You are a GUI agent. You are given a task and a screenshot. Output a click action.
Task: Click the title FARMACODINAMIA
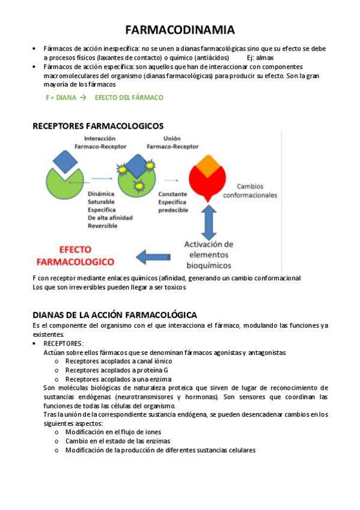point(180,30)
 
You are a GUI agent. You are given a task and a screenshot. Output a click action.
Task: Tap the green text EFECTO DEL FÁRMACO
point(129,97)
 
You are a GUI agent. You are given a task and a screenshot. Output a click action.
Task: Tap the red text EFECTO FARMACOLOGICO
point(75,255)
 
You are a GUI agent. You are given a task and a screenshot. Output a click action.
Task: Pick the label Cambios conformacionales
point(250,191)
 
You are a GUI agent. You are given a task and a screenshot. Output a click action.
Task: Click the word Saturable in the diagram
point(100,202)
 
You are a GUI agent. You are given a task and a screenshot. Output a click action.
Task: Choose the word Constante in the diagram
point(172,194)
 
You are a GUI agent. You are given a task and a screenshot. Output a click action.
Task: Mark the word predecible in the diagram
point(173,210)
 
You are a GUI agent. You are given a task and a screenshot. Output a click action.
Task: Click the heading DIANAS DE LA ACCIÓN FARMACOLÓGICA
point(114,315)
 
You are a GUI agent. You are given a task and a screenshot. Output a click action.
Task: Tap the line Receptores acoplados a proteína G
point(117,370)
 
